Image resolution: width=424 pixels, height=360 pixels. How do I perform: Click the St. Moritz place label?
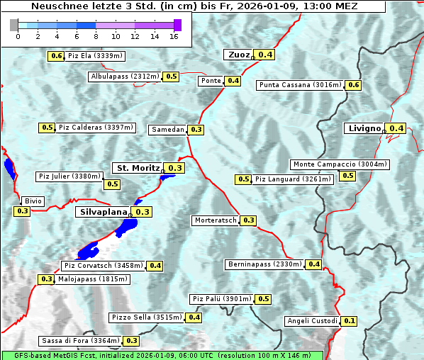point(138,168)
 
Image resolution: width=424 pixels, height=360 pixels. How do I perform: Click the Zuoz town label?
point(238,55)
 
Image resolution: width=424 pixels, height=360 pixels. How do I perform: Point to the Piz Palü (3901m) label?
point(222,299)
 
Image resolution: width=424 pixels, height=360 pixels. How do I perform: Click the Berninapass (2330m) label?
point(264,264)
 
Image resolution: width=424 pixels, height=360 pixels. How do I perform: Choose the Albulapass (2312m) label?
point(125,77)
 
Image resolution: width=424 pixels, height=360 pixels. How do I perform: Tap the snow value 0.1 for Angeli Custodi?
point(349,321)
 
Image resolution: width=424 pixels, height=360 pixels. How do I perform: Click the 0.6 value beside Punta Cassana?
point(353,85)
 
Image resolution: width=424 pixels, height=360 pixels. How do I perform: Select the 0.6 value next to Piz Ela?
point(56,56)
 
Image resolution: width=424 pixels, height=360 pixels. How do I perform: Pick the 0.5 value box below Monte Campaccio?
point(347,176)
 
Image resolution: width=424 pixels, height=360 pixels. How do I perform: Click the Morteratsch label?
point(216,220)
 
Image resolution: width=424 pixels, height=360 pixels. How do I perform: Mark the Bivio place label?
point(33,201)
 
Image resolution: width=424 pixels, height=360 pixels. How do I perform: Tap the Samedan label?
point(168,130)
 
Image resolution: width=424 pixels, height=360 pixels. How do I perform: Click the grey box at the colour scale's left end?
point(14,25)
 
